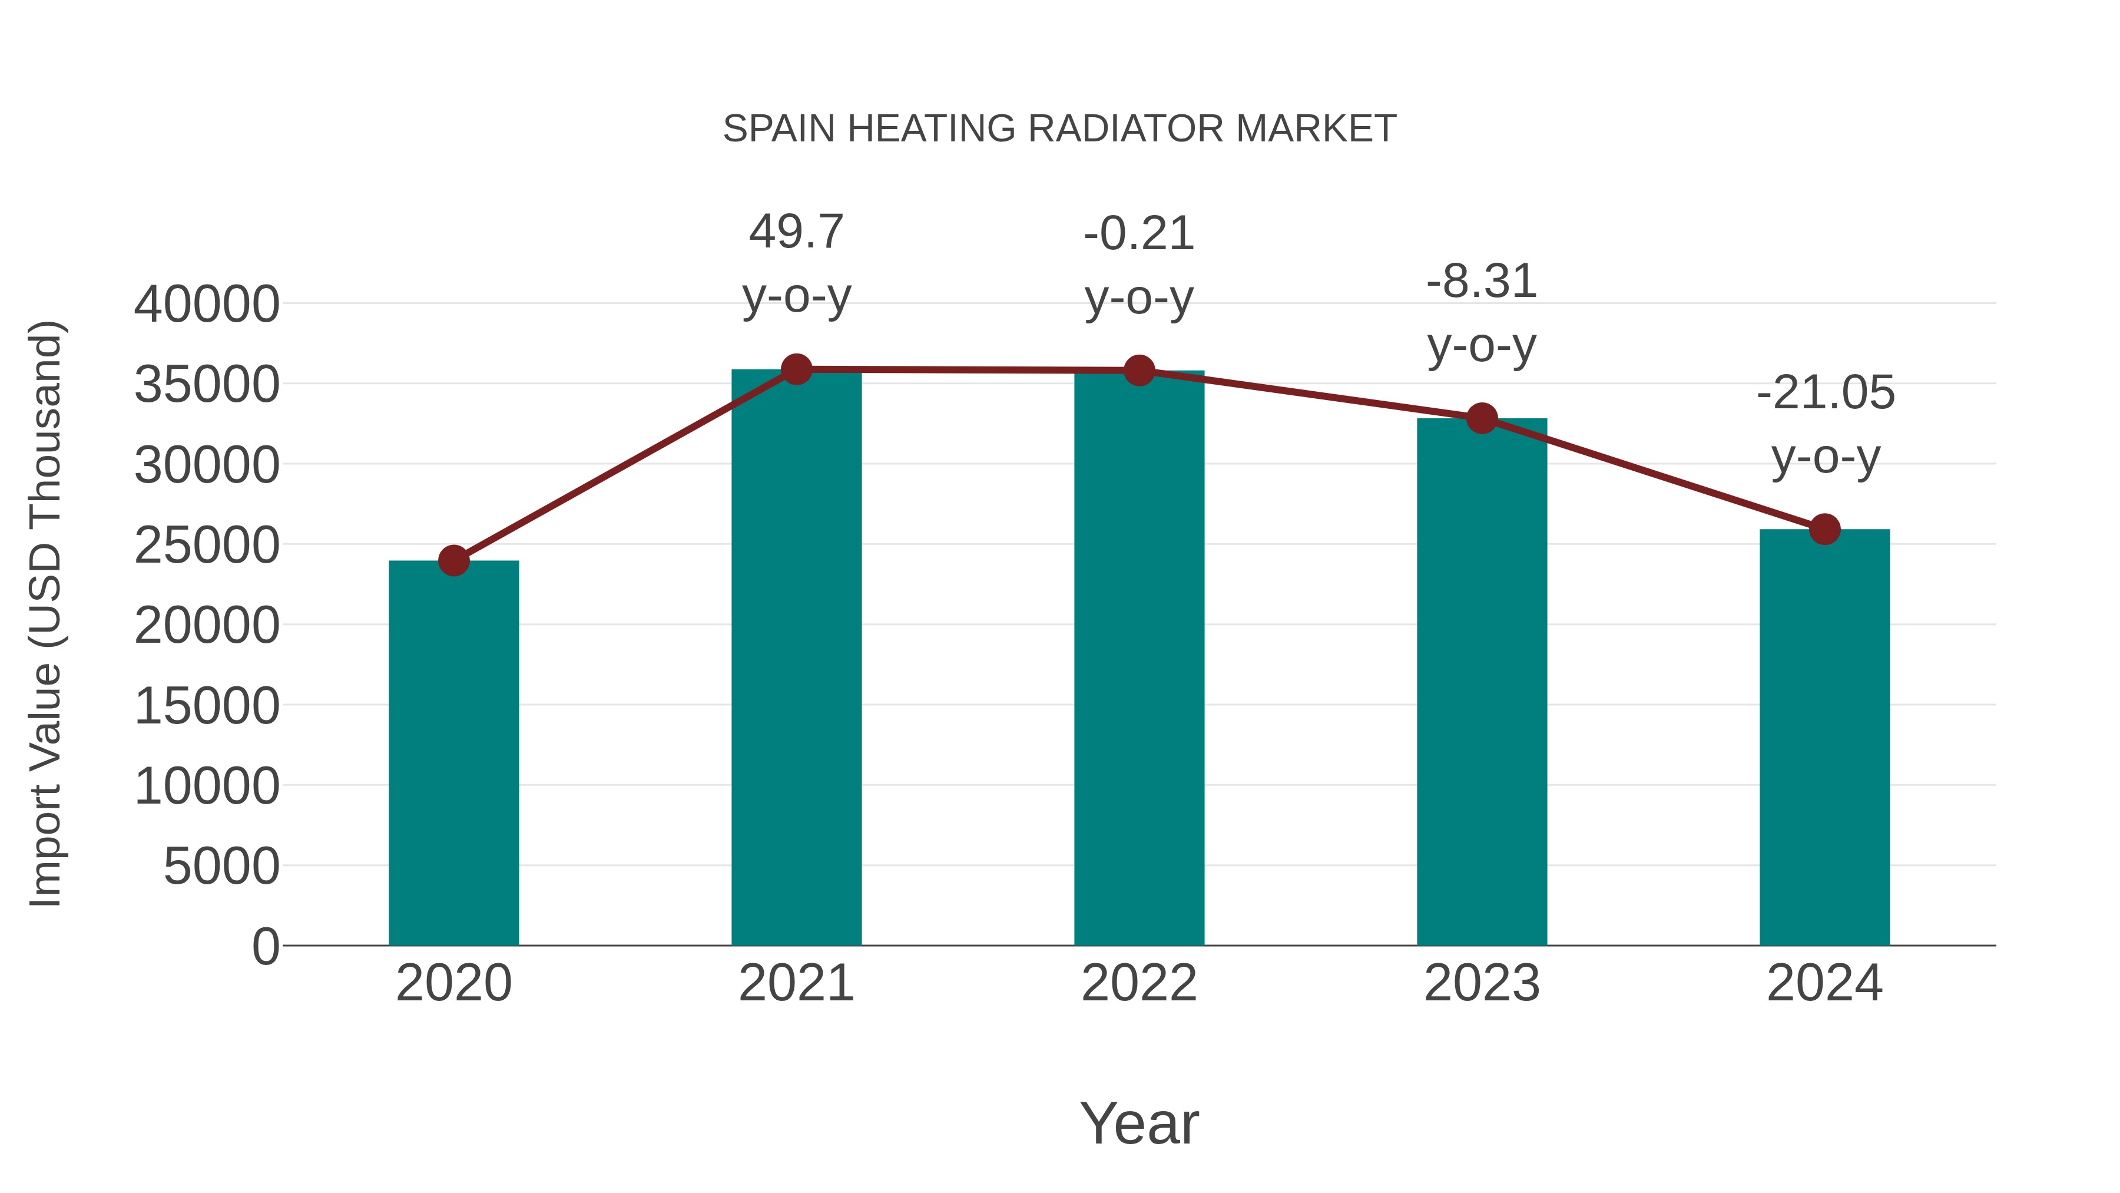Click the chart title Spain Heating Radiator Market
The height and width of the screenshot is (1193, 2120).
[x=1059, y=129]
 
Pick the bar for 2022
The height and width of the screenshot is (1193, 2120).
[x=1139, y=658]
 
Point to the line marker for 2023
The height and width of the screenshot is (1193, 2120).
[x=1482, y=418]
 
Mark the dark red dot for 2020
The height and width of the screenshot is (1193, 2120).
[x=453, y=561]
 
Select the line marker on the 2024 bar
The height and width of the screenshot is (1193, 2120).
[x=1824, y=530]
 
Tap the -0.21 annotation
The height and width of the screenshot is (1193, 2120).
[x=1139, y=234]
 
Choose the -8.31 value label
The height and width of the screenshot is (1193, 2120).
[x=1482, y=282]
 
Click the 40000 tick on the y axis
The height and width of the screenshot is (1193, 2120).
[x=207, y=305]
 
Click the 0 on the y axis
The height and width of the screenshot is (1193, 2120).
[x=266, y=946]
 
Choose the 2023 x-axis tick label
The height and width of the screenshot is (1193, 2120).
[x=1482, y=983]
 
